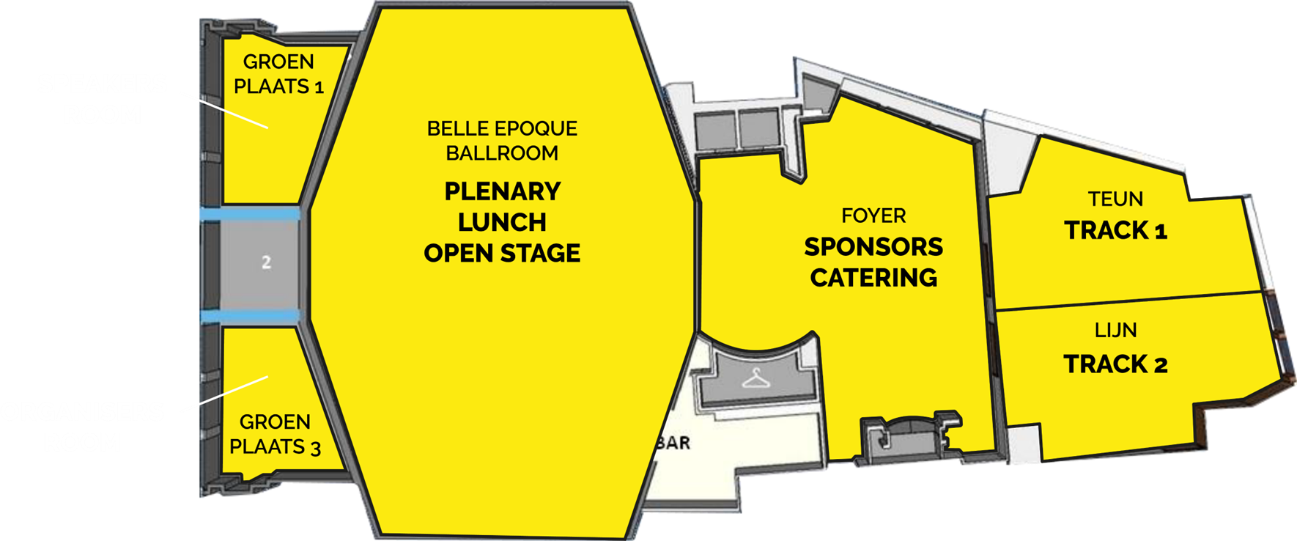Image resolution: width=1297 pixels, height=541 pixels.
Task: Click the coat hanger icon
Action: click(x=756, y=379)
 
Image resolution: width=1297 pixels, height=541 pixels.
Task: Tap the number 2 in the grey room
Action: click(x=266, y=262)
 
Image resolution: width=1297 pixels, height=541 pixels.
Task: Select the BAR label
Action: click(x=674, y=443)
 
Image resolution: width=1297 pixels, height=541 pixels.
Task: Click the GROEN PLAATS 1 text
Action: click(x=278, y=74)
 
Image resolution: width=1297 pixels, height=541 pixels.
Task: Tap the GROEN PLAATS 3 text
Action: click(x=275, y=435)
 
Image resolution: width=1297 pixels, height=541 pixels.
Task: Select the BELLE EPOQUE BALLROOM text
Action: click(x=502, y=141)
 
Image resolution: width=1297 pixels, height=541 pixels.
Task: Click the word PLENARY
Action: click(x=502, y=191)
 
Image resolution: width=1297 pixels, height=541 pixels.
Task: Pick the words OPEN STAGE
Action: click(x=502, y=254)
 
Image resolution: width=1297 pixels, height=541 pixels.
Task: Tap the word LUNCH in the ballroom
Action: click(x=502, y=222)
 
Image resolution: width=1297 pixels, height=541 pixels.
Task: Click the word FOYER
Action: click(x=873, y=216)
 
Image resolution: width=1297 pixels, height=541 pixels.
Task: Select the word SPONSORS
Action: click(x=873, y=247)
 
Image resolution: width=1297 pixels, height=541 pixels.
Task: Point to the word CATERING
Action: click(x=873, y=278)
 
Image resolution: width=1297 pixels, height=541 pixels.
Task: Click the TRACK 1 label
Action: click(x=1115, y=231)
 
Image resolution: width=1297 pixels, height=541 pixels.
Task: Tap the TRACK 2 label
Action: click(x=1115, y=364)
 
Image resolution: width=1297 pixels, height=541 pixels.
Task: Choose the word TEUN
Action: click(x=1115, y=199)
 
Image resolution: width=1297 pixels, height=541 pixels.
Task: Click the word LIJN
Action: click(x=1115, y=331)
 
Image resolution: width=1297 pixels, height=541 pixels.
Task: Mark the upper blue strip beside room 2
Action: click(x=249, y=214)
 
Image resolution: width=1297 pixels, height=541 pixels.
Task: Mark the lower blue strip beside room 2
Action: click(x=249, y=316)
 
